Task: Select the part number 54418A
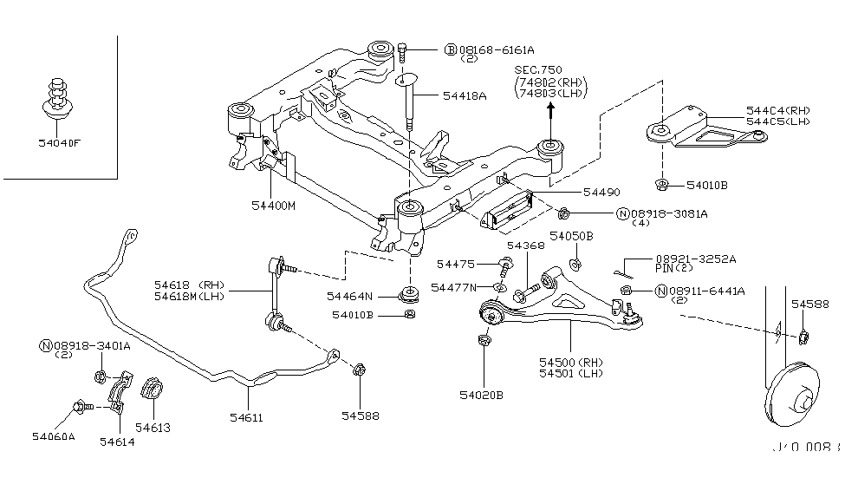pos(463,96)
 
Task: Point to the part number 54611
pos(246,417)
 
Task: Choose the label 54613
pos(153,427)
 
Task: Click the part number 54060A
pos(54,435)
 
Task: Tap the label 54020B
pos(481,396)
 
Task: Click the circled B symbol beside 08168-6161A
pos(451,50)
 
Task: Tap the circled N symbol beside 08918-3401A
pos(45,346)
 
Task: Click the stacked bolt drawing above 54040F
pos(57,95)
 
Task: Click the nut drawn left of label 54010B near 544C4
pos(661,185)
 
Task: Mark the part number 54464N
pos(350,296)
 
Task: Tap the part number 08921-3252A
pos(696,259)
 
